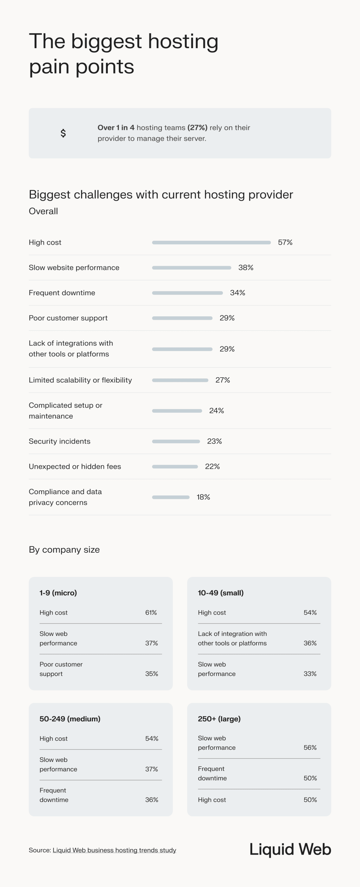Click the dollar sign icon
(x=63, y=133)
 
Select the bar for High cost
(x=211, y=243)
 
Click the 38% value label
(x=246, y=267)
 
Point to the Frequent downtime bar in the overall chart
(x=187, y=293)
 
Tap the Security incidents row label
(x=60, y=441)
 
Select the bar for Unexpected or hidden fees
(x=175, y=466)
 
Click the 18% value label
(x=203, y=497)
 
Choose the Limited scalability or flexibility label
(x=80, y=380)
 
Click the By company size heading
(x=64, y=550)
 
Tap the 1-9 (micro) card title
(x=58, y=592)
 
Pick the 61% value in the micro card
(x=151, y=612)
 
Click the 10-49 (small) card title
(x=221, y=592)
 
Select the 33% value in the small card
(x=310, y=674)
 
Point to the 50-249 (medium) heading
(x=70, y=719)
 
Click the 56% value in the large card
(x=310, y=747)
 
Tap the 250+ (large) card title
(x=219, y=719)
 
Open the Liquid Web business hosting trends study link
(x=114, y=850)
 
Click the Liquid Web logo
(x=290, y=849)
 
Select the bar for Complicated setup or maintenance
(x=177, y=411)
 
